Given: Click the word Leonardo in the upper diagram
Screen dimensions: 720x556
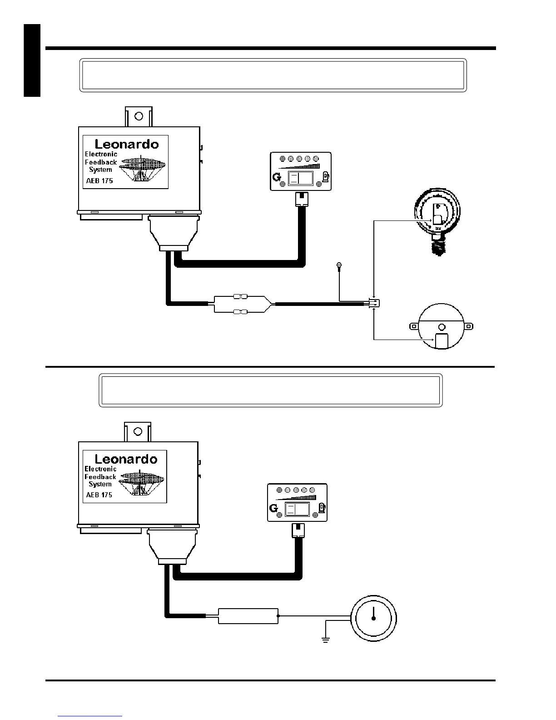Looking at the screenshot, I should pyautogui.click(x=126, y=145).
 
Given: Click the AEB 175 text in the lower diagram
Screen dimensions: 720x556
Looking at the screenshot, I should pyautogui.click(x=99, y=495).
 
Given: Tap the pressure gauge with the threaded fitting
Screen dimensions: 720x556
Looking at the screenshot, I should pyautogui.click(x=437, y=218).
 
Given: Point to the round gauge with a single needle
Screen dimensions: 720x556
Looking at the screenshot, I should pyautogui.click(x=374, y=619).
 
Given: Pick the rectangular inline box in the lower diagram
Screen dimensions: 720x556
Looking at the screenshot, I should pyautogui.click(x=248, y=616).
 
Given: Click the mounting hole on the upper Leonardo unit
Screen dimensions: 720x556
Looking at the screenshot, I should pyautogui.click(x=139, y=115).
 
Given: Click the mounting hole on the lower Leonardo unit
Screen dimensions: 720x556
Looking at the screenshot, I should pyautogui.click(x=138, y=431).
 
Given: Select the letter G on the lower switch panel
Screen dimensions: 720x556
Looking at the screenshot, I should pyautogui.click(x=273, y=508).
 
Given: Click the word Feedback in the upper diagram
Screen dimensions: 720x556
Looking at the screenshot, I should pyautogui.click(x=101, y=162).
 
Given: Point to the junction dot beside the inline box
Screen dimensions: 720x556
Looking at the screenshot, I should pyautogui.click(x=278, y=616).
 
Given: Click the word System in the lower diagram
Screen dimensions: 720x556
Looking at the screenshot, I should pyautogui.click(x=100, y=484).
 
